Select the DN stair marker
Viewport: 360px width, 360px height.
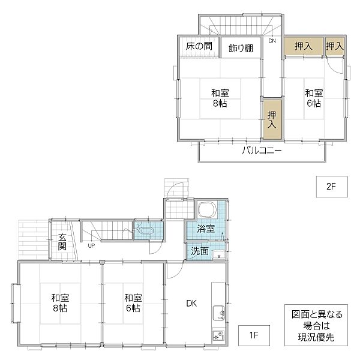[272, 41]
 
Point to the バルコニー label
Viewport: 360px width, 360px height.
[262, 150]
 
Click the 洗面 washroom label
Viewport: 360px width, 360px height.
[200, 251]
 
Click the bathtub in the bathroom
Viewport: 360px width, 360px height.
[207, 210]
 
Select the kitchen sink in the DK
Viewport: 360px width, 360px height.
[218, 312]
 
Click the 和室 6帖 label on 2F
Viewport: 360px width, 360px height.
[313, 98]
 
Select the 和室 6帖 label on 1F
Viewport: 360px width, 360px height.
[133, 302]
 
